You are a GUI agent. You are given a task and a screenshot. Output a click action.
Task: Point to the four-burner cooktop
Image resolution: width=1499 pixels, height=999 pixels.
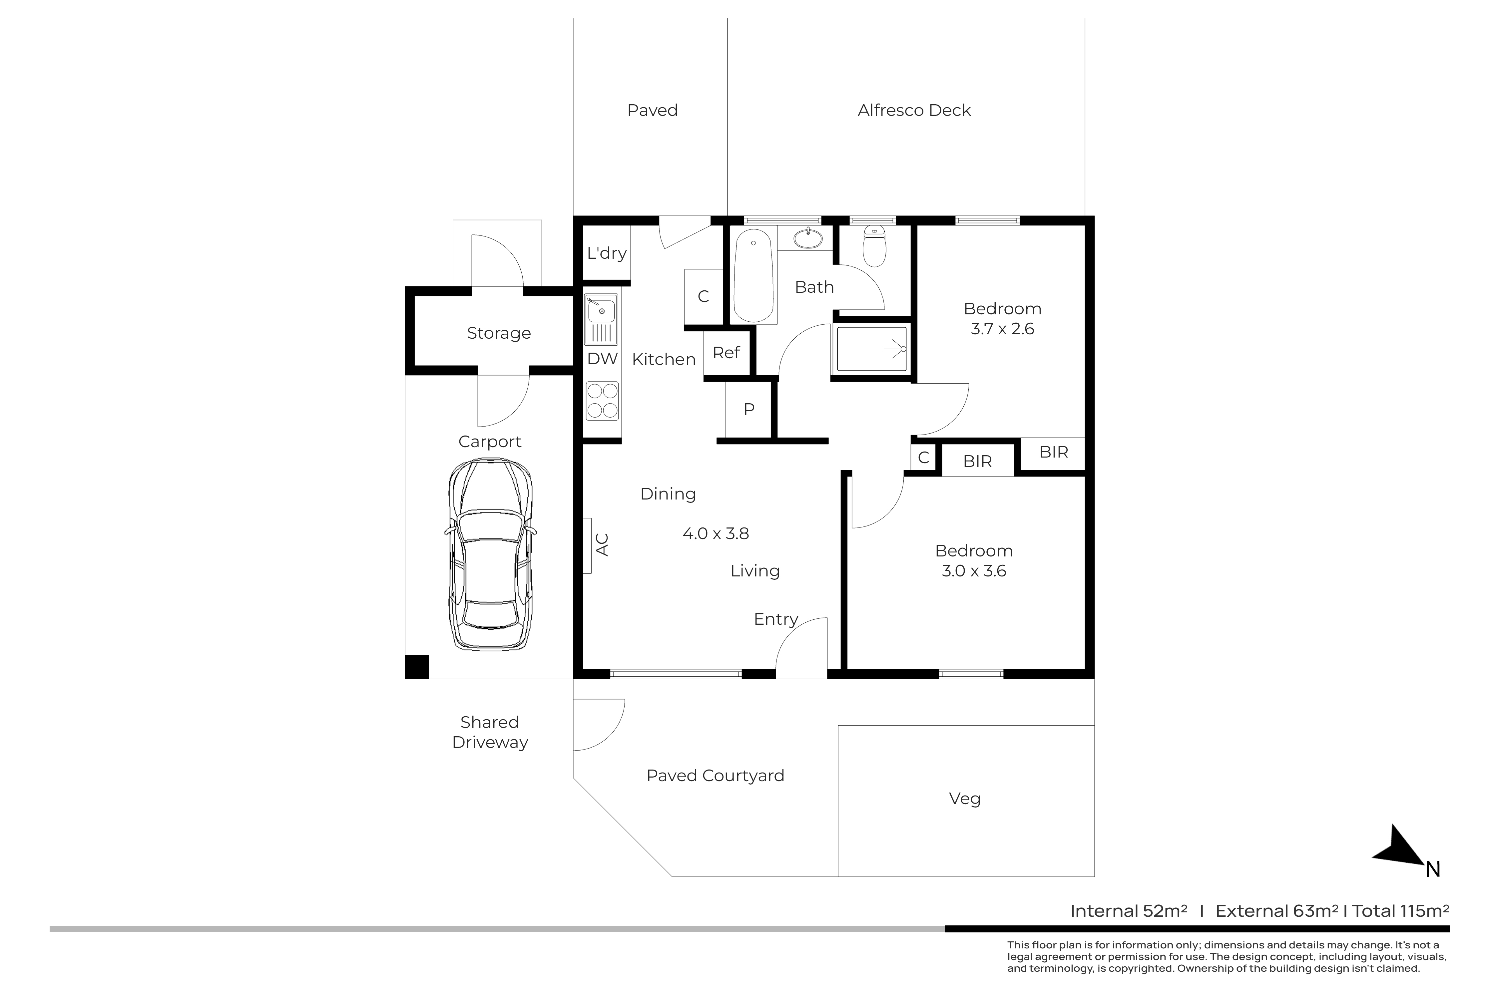[602, 401]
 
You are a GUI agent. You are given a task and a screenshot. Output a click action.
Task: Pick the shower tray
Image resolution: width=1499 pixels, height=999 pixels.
[871, 349]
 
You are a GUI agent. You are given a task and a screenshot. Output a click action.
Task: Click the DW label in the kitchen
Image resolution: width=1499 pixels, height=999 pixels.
[602, 359]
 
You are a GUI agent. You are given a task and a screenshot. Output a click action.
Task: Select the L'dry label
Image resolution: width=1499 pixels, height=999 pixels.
[607, 253]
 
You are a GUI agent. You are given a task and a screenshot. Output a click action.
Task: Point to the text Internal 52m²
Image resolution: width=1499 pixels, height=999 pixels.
[1129, 911]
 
